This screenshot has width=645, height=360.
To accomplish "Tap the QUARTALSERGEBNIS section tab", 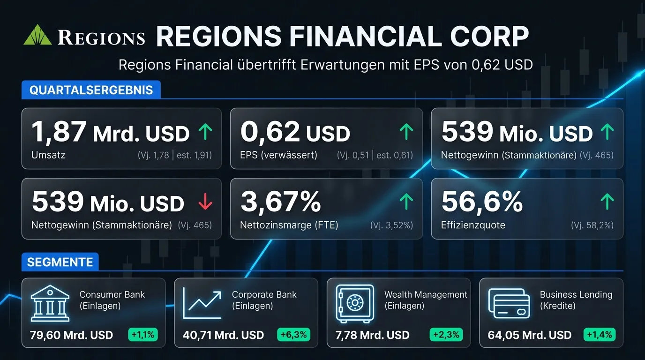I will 91,90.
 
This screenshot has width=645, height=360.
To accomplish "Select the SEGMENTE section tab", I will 60,262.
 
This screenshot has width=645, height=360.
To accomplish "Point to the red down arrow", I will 205,202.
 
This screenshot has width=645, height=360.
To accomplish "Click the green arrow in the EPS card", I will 406,133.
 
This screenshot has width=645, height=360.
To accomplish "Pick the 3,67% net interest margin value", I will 281,202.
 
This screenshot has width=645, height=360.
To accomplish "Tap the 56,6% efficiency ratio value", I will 482,202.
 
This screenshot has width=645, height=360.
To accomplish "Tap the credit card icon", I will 509,303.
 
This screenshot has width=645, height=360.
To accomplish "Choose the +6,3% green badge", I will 293,335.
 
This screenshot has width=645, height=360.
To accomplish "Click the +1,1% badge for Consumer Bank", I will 143,335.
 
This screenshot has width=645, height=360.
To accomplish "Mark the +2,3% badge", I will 446,335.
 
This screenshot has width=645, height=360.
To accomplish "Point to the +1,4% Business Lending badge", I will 599,335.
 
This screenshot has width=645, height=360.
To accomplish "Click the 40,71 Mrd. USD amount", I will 223,335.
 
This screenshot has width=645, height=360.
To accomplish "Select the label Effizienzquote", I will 473,225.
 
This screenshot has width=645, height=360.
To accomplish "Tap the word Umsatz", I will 48,155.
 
